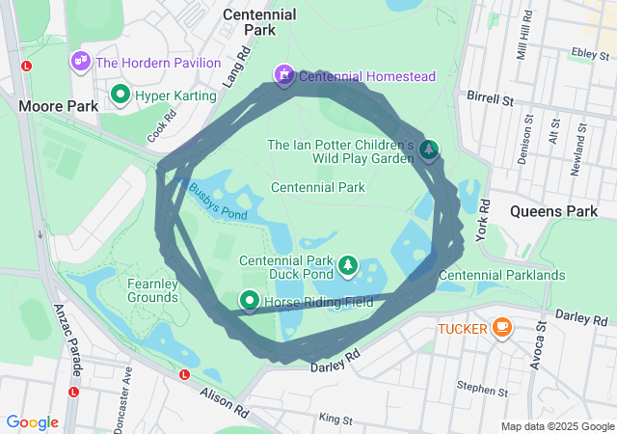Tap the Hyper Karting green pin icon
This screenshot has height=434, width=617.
tap(121, 95)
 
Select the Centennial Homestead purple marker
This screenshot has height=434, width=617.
tap(284, 74)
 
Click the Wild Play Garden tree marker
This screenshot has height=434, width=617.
tap(429, 149)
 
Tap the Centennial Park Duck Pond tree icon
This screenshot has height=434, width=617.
tap(347, 264)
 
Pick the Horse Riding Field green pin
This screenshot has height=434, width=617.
tap(249, 302)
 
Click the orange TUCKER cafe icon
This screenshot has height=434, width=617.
tap(501, 328)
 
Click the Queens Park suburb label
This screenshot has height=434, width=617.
tap(553, 210)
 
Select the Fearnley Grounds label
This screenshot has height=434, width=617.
tap(152, 290)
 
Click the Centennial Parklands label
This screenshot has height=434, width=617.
tap(501, 275)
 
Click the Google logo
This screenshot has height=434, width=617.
tap(33, 422)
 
